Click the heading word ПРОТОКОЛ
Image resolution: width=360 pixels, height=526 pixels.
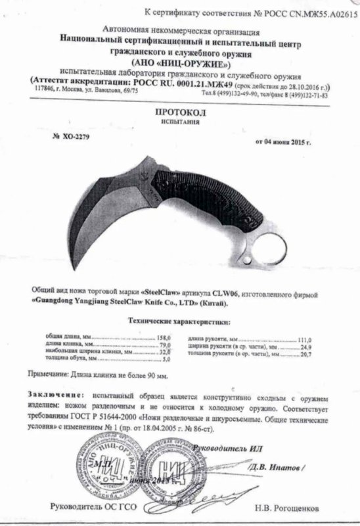180,112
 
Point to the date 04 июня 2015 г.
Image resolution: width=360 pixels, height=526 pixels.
289,141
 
